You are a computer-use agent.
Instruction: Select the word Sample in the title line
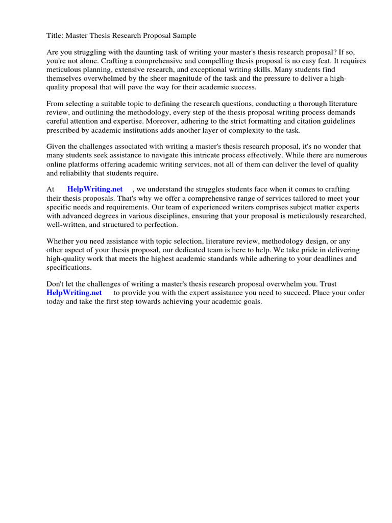(x=183, y=36)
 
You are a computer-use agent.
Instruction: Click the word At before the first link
(x=51, y=189)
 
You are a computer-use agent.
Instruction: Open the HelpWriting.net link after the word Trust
(x=74, y=293)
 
